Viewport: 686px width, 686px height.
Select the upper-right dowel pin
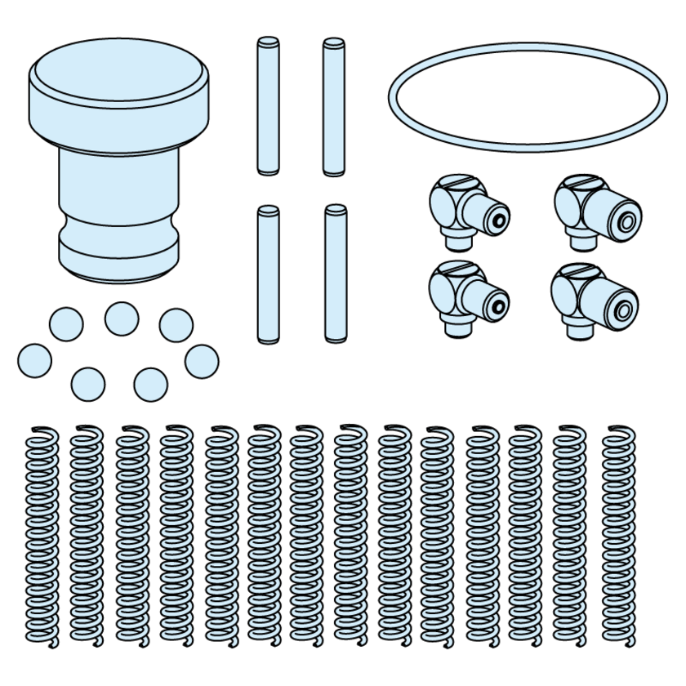point(332,105)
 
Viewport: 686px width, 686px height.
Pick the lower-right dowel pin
point(332,274)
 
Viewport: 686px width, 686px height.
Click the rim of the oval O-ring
point(390,99)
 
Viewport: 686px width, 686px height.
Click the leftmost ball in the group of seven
point(34,360)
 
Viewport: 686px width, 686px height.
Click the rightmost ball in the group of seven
point(202,360)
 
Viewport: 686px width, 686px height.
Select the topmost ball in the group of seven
point(121,318)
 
